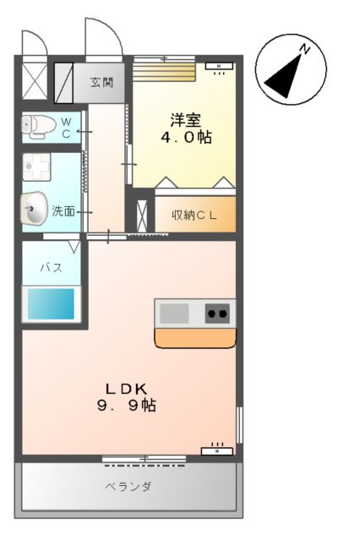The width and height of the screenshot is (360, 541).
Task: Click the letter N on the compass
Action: [305, 50]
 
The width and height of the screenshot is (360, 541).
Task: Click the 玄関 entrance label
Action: [103, 83]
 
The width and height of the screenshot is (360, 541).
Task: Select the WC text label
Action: [66, 127]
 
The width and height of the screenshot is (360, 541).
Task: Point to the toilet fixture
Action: [38, 127]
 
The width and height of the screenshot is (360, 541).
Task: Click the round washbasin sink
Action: [35, 209]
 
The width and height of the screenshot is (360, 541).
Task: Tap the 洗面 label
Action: [64, 211]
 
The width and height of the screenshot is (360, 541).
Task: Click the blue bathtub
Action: [51, 303]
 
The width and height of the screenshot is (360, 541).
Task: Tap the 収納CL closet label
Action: [194, 216]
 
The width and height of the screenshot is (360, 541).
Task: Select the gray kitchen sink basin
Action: [174, 314]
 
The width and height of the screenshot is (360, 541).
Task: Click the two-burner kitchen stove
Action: [217, 314]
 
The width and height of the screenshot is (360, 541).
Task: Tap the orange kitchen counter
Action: [194, 337]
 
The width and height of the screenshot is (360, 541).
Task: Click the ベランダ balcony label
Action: [128, 487]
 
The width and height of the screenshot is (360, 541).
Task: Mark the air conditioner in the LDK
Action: [217, 450]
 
